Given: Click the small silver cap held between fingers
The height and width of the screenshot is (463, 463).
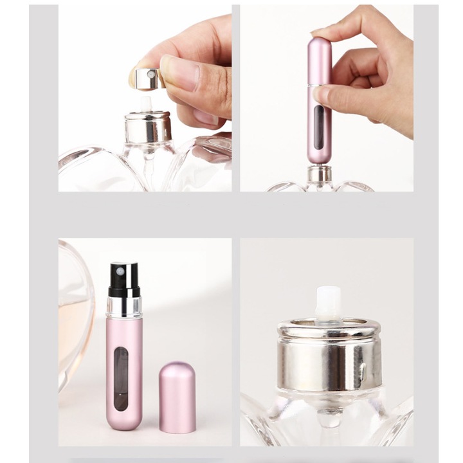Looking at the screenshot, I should tap(148, 78).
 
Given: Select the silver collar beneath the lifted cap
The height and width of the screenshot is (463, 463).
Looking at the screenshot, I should tap(148, 127).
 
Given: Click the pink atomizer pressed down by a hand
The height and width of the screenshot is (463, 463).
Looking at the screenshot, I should tap(319, 103).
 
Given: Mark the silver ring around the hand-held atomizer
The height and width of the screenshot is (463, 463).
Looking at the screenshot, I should tap(319, 85).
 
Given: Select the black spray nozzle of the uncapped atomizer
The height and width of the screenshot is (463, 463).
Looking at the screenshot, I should tap(124, 279).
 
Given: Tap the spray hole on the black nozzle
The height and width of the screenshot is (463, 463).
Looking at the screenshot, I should tap(120, 271).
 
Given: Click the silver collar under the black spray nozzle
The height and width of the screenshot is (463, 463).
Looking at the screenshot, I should tap(124, 306).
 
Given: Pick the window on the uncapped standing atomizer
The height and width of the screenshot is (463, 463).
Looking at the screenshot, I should tap(121, 379).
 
